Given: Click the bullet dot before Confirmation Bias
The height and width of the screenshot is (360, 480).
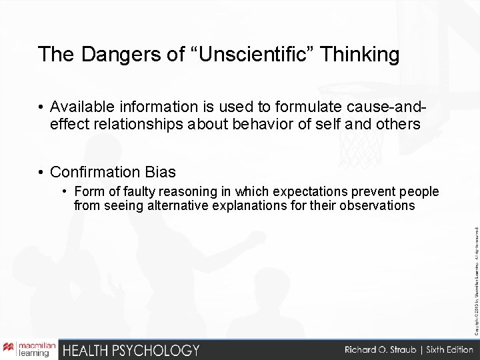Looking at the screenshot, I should pyautogui.click(x=41, y=172).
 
